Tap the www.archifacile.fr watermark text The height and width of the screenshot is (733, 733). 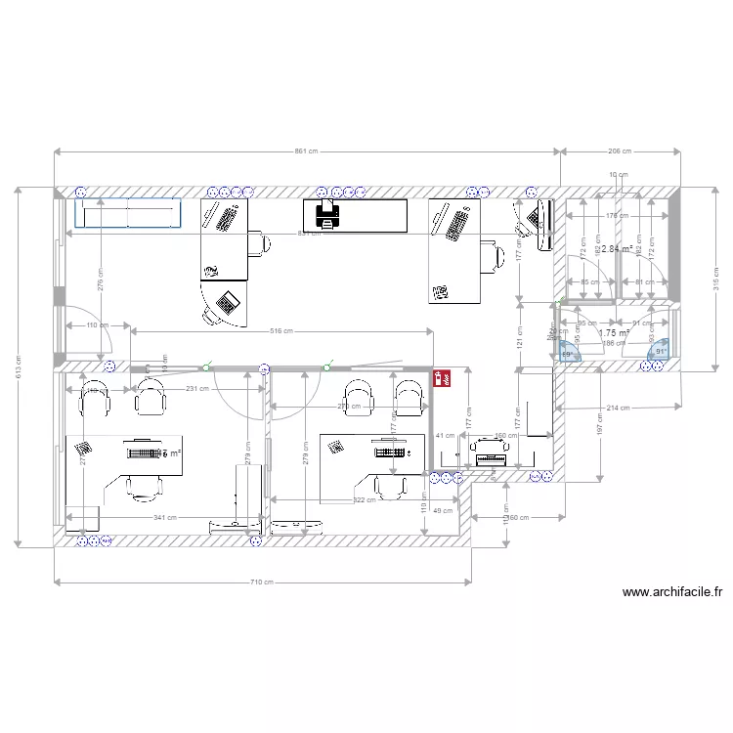[x=672, y=591]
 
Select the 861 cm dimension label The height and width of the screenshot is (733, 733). [x=307, y=151]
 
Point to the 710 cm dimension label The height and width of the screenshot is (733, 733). [x=262, y=582]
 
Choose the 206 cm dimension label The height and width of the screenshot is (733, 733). [x=620, y=151]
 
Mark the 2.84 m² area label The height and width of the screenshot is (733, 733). [x=616, y=249]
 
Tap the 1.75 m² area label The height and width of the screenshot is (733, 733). [x=614, y=332]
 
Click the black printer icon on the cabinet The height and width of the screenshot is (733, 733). [x=327, y=214]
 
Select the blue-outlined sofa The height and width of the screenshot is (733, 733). [x=129, y=213]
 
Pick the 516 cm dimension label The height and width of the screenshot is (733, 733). [x=281, y=332]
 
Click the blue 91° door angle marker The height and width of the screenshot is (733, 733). [x=661, y=352]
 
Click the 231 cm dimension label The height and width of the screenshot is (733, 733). [x=198, y=390]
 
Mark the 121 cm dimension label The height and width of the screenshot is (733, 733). [x=520, y=335]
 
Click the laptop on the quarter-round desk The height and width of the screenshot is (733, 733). [x=227, y=302]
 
